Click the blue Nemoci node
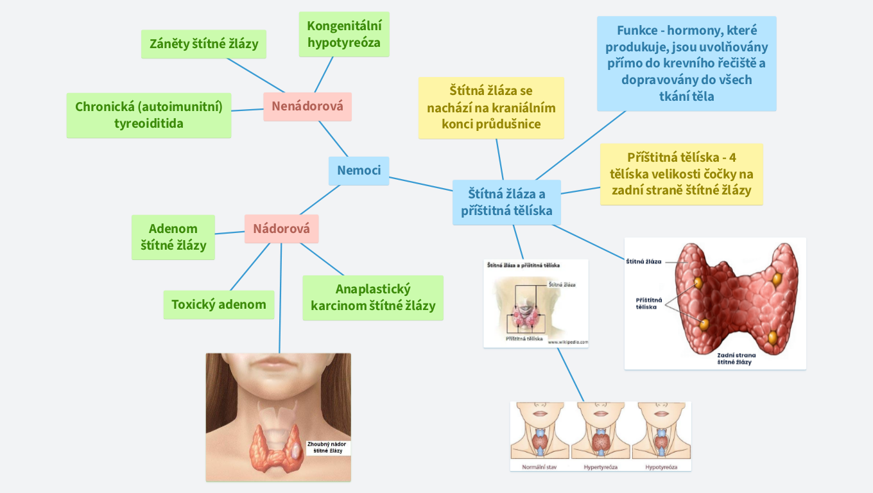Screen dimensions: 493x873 click(359, 171)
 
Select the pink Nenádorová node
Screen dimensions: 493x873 click(307, 107)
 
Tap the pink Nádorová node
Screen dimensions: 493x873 click(281, 229)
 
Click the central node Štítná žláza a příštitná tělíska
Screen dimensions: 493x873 click(506, 202)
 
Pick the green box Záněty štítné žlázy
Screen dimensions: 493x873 click(203, 44)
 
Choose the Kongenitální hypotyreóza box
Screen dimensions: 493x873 click(344, 35)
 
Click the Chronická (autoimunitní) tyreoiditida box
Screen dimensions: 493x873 click(149, 115)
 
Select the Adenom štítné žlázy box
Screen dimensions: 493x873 click(173, 237)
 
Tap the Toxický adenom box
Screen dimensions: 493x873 click(219, 304)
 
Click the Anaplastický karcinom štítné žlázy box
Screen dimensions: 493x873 click(373, 298)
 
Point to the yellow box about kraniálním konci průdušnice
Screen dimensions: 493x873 click(491, 108)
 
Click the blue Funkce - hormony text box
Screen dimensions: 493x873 click(686, 64)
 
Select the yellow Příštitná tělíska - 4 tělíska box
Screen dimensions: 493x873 click(681, 174)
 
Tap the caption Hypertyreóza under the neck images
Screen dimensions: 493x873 click(600, 467)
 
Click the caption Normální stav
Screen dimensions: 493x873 click(539, 467)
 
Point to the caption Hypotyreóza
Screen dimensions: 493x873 click(661, 467)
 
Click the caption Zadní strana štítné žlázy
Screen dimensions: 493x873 click(736, 358)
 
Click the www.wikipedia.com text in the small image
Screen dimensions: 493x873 click(568, 342)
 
